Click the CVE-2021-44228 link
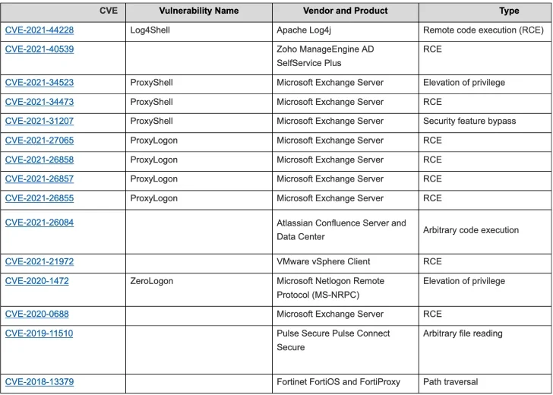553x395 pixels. (x=39, y=30)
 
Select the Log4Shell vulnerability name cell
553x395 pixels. (x=151, y=30)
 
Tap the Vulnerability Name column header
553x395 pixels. (x=199, y=11)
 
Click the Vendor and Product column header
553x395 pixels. (x=345, y=11)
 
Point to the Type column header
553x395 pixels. (x=509, y=11)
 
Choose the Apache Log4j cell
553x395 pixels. (x=308, y=30)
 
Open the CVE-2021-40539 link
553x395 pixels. (x=39, y=49)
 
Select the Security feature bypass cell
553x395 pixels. (x=469, y=121)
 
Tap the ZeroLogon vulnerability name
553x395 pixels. (x=151, y=281)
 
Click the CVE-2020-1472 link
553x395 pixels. (x=36, y=281)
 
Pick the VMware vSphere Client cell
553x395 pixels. (x=324, y=261)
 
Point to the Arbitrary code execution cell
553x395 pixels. (x=471, y=230)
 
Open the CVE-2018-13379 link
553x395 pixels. (x=39, y=382)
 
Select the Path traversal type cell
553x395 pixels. (x=450, y=382)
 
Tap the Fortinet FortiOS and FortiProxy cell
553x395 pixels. (x=338, y=382)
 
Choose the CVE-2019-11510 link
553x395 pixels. (x=39, y=333)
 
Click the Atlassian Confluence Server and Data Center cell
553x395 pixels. (x=341, y=229)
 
